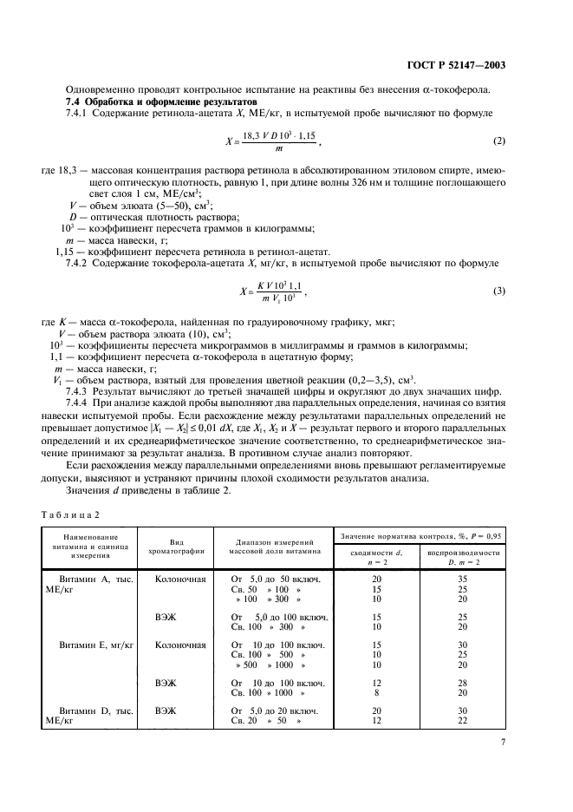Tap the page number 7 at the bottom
pyautogui.click(x=503, y=742)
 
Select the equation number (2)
pyautogui.click(x=498, y=141)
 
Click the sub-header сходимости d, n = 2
pyautogui.click(x=375, y=556)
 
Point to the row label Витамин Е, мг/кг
pyautogui.click(x=96, y=645)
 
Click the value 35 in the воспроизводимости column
pyautogui.click(x=463, y=578)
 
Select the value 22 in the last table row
pyautogui.click(x=463, y=720)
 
